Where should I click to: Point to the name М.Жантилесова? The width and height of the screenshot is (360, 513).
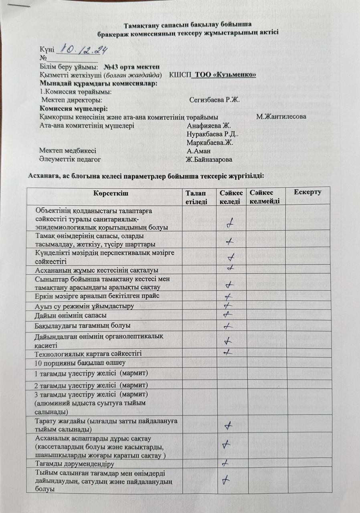point(281,117)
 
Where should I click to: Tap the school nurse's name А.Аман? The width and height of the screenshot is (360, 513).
point(199,151)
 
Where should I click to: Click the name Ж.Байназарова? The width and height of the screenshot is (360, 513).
point(209,160)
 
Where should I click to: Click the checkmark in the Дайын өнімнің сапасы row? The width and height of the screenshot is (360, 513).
point(228,315)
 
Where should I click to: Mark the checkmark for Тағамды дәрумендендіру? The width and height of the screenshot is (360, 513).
point(226,463)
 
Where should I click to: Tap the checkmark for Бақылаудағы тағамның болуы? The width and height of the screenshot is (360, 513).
point(227,325)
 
